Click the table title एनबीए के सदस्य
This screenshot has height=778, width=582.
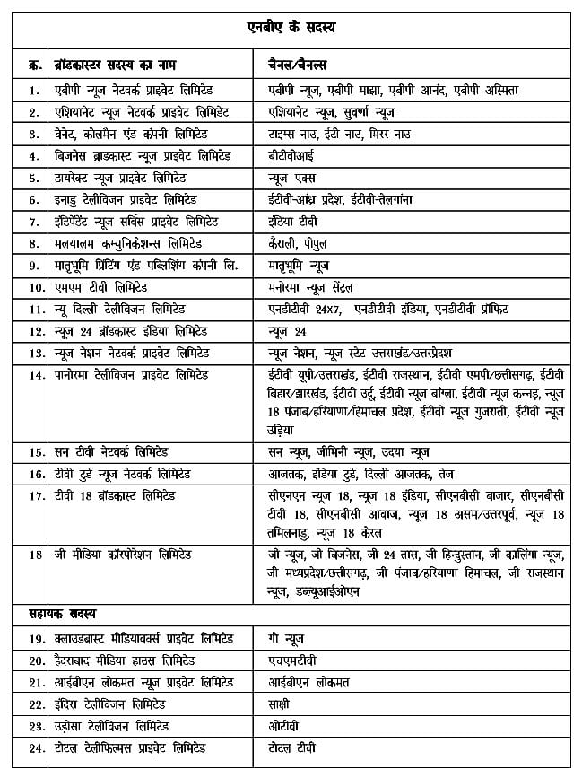click(291, 29)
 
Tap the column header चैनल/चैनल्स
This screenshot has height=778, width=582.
click(298, 66)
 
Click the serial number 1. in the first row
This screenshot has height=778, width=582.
click(33, 90)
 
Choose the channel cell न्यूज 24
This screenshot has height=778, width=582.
click(288, 331)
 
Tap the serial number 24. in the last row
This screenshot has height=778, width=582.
click(35, 748)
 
